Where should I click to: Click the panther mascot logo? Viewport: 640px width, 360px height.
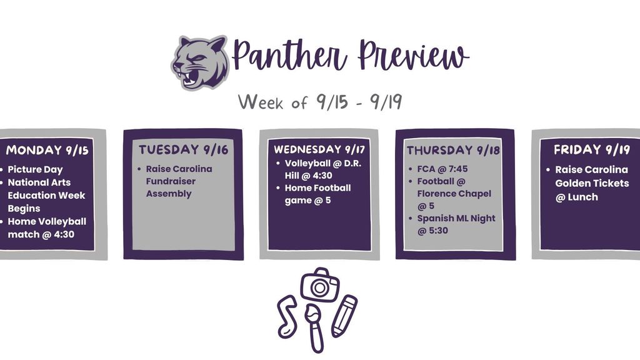tap(200, 62)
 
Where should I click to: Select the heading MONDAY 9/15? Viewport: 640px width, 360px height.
tap(47, 150)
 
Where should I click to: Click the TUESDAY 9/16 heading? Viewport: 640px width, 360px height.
tap(183, 150)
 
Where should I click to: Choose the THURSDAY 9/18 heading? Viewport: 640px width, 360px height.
tap(453, 151)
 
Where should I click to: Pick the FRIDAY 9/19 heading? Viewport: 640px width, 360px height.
tap(592, 150)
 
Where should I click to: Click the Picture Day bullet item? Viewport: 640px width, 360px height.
tap(35, 169)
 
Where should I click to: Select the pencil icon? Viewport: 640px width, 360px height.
tap(344, 316)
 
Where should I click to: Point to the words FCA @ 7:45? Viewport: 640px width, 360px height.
tap(442, 169)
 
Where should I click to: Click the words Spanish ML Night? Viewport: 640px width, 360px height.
tap(456, 218)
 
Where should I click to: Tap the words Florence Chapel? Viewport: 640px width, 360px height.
tap(454, 194)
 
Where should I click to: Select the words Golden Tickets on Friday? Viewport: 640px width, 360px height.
tap(586, 183)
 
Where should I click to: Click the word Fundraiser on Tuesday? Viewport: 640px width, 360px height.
tap(171, 181)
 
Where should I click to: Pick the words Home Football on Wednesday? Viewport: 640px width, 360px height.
tap(317, 188)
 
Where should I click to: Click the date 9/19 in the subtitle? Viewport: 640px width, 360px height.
tap(386, 102)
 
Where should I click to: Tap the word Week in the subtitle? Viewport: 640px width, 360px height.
tap(261, 102)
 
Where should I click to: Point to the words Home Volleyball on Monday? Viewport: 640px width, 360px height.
tap(47, 221)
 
